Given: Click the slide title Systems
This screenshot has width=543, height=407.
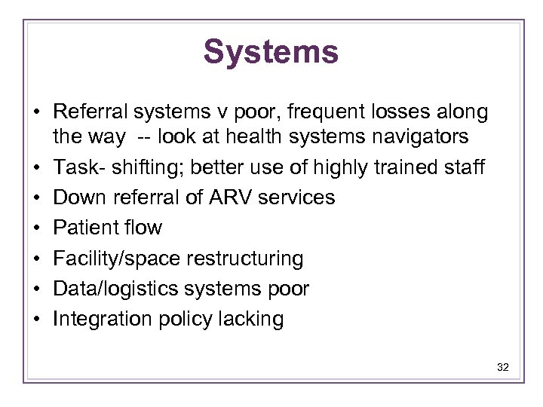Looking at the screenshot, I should [x=271, y=52].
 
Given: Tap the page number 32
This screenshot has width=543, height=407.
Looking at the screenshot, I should [x=503, y=367].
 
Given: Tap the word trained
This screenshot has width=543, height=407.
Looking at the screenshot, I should [x=408, y=167].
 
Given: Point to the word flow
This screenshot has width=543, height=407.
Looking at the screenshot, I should [x=143, y=228].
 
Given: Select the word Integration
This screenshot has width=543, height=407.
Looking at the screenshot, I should [x=102, y=319].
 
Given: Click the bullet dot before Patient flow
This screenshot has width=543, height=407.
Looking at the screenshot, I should [x=35, y=228].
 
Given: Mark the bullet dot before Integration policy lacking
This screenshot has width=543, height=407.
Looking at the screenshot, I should [x=35, y=320].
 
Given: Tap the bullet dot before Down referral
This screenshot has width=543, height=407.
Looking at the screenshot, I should [x=35, y=198].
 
